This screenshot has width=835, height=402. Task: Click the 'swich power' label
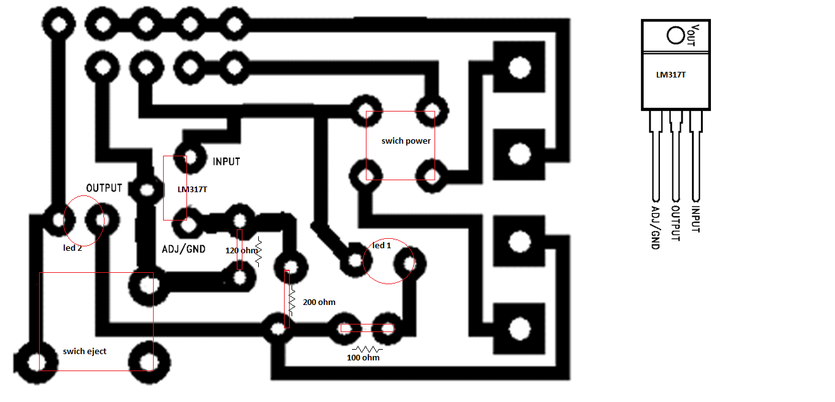pos(406,141)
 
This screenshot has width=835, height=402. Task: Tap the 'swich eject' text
pos(84,351)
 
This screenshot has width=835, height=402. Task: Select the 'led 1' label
pos(382,245)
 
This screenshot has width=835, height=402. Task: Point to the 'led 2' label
pos(72,248)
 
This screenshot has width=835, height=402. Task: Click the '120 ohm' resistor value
pos(242,251)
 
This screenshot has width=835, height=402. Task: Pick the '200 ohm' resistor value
pos(319,302)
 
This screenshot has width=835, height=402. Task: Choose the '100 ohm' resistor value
pos(363,358)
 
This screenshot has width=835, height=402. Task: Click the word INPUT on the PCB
pos(226,162)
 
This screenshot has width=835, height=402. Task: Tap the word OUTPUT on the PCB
pos(104,188)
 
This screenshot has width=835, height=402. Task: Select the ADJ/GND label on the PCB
pos(183,249)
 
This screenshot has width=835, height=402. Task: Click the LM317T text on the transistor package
pos(671,74)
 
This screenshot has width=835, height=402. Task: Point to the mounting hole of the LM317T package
pos(675,35)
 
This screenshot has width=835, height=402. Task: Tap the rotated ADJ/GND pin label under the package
pos(656,227)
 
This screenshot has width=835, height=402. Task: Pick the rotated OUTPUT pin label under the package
pos(676,224)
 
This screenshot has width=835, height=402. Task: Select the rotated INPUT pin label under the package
pos(696,220)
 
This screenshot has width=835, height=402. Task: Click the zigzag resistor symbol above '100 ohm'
pos(367,348)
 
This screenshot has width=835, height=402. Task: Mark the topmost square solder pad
pos(518,67)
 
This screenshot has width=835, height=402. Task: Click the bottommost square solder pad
pos(518,328)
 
